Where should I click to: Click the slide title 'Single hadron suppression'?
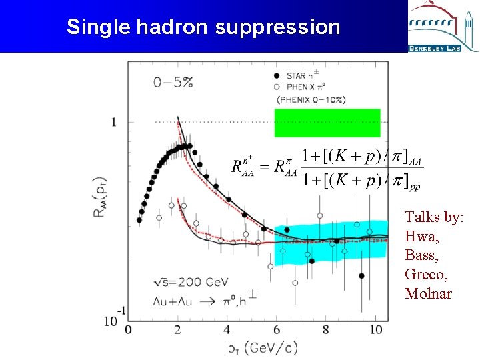(x=203, y=27)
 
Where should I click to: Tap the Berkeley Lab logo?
(x=443, y=27)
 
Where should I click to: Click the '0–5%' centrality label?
(x=173, y=83)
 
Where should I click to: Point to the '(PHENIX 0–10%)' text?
(x=312, y=99)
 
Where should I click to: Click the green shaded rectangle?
(x=327, y=123)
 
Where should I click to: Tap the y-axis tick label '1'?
(x=113, y=122)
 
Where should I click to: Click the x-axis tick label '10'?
(x=375, y=329)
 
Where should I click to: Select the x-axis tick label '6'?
(x=276, y=329)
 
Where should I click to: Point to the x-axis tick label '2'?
(x=177, y=329)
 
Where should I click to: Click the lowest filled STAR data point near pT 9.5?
(x=361, y=275)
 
